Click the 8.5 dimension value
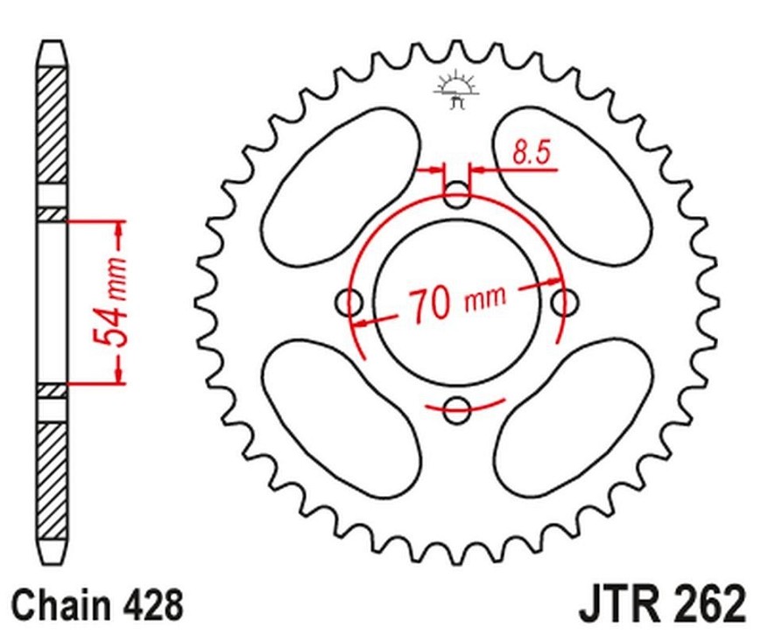coord(532,151)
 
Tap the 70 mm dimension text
coord(457,303)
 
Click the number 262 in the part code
coord(711,605)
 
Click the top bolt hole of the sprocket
coord(457,195)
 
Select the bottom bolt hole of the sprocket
coord(457,410)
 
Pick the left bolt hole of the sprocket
coord(349,303)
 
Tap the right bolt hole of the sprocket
coord(565,303)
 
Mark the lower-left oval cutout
coord(341,419)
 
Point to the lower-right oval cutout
coord(573,419)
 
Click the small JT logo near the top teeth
coord(456,90)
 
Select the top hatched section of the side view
coord(51,124)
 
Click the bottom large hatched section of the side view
coord(52,481)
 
